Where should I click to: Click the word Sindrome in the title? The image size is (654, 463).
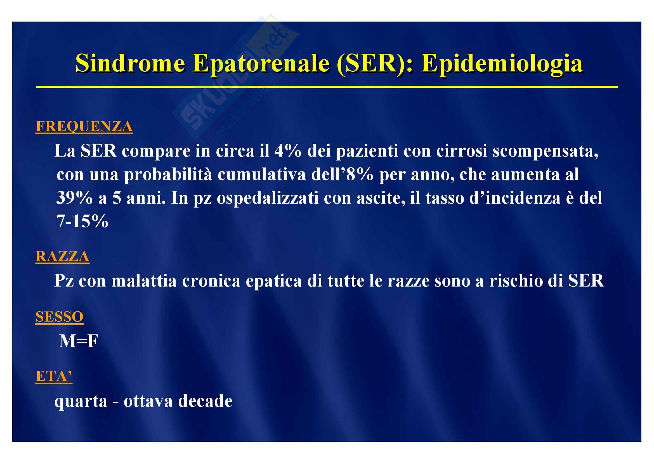(x=131, y=63)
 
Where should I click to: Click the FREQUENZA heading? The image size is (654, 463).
(x=84, y=126)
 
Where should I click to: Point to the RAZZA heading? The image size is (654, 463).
(x=62, y=256)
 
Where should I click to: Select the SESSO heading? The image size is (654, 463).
(x=59, y=317)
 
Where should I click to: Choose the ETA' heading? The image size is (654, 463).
(x=54, y=376)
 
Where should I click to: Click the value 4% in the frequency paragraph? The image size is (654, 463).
(x=288, y=151)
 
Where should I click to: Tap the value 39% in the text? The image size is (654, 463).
(x=74, y=197)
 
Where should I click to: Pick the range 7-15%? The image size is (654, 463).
(x=82, y=221)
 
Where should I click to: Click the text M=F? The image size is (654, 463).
(x=79, y=341)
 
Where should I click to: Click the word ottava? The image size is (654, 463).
(x=148, y=401)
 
